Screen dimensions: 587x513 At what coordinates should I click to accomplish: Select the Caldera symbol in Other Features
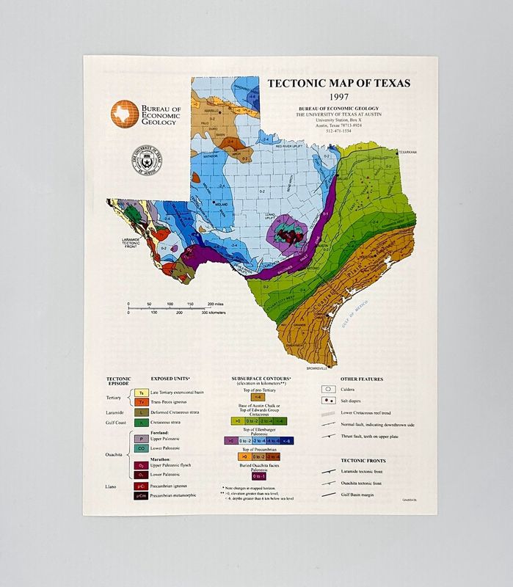click(327, 390)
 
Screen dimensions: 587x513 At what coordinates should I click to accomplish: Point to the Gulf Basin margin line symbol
click(328, 496)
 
